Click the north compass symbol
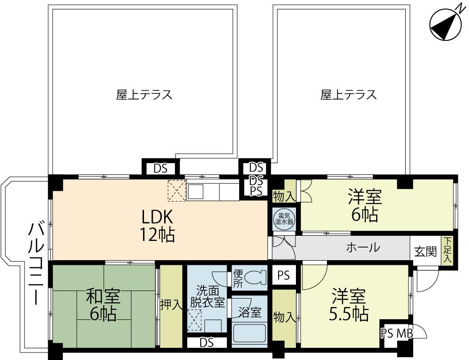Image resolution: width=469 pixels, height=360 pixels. (x=446, y=24)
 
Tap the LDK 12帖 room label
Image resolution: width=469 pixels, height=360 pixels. (x=158, y=226)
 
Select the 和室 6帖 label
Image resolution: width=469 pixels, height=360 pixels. (x=103, y=304)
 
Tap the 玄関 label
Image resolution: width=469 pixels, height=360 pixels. (x=425, y=252)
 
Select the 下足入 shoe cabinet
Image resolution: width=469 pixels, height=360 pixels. (x=447, y=250)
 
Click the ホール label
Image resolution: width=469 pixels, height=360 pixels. (x=363, y=247)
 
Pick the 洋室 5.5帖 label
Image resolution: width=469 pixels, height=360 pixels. (x=348, y=304)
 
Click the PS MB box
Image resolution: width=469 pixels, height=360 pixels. (x=397, y=333)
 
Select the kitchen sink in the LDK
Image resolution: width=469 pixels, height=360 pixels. (x=196, y=192)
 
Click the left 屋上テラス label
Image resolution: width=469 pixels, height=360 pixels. (x=144, y=95)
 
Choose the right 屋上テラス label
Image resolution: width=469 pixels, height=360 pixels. (x=348, y=95)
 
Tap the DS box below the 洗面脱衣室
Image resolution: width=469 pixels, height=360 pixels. (x=207, y=342)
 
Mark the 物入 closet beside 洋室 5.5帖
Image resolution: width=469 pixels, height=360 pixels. (x=283, y=318)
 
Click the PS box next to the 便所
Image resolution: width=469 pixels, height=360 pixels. (x=284, y=275)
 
